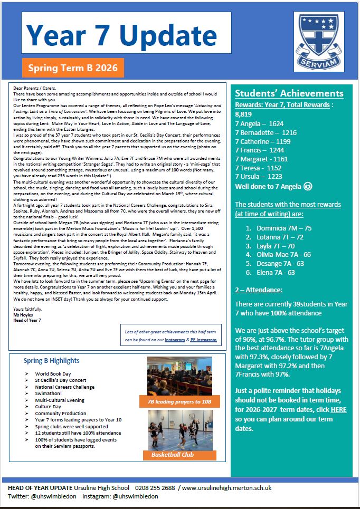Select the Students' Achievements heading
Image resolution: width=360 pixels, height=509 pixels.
(x=289, y=93)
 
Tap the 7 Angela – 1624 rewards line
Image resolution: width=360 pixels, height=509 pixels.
(x=259, y=123)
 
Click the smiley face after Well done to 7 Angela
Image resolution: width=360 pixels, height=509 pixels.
(x=308, y=187)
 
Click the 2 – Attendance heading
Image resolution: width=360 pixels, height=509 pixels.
(x=259, y=290)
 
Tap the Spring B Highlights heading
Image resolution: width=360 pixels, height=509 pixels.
(x=52, y=361)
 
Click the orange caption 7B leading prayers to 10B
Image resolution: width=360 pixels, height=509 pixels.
(x=179, y=402)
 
